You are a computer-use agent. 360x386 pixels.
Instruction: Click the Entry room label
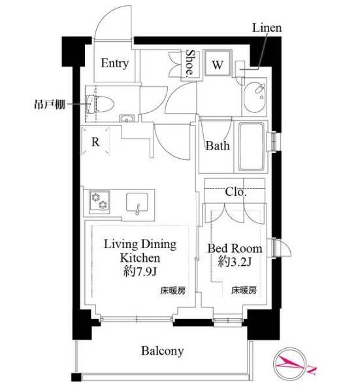(x=114, y=64)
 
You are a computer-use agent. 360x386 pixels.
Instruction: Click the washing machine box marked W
(x=218, y=65)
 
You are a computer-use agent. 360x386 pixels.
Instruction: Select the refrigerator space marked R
(x=95, y=143)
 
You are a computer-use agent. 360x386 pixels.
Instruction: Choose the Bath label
(x=218, y=146)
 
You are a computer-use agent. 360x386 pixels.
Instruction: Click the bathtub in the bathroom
(x=252, y=147)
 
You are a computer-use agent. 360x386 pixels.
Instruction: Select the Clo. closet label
(x=235, y=193)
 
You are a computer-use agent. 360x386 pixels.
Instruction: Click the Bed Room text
(x=235, y=248)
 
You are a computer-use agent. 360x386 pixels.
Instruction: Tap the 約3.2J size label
(x=235, y=263)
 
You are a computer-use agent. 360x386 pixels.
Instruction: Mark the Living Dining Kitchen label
(x=140, y=251)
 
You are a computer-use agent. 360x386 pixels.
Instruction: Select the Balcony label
(x=162, y=351)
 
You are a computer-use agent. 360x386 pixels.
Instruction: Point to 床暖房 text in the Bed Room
(x=243, y=290)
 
